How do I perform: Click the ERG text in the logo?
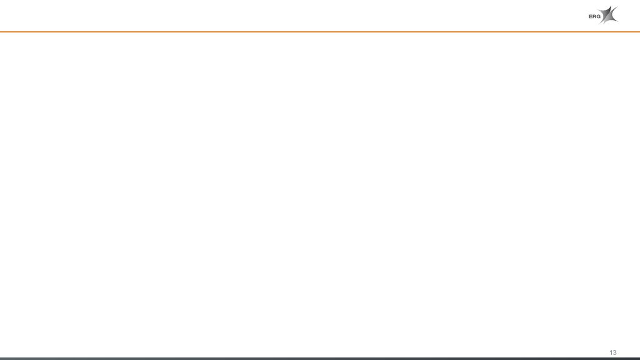coord(594,17)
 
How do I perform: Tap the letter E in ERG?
coord(591,17)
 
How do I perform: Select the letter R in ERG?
coord(594,17)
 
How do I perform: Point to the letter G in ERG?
coord(599,17)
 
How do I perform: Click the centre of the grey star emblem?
coord(607,15)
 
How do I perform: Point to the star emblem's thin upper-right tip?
coord(617,6)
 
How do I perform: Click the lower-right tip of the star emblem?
coord(617,21)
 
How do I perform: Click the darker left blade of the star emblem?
coord(605,14)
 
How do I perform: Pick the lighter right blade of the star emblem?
coord(611,16)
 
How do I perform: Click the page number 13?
coord(612,352)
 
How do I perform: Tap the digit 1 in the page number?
coord(611,352)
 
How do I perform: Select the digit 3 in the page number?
coord(614,352)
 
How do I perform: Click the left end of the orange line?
coord(2,31)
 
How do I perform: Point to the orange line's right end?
coord(637,31)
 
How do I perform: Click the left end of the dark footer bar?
coord(2,358)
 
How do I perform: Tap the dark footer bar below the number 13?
coord(612,358)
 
